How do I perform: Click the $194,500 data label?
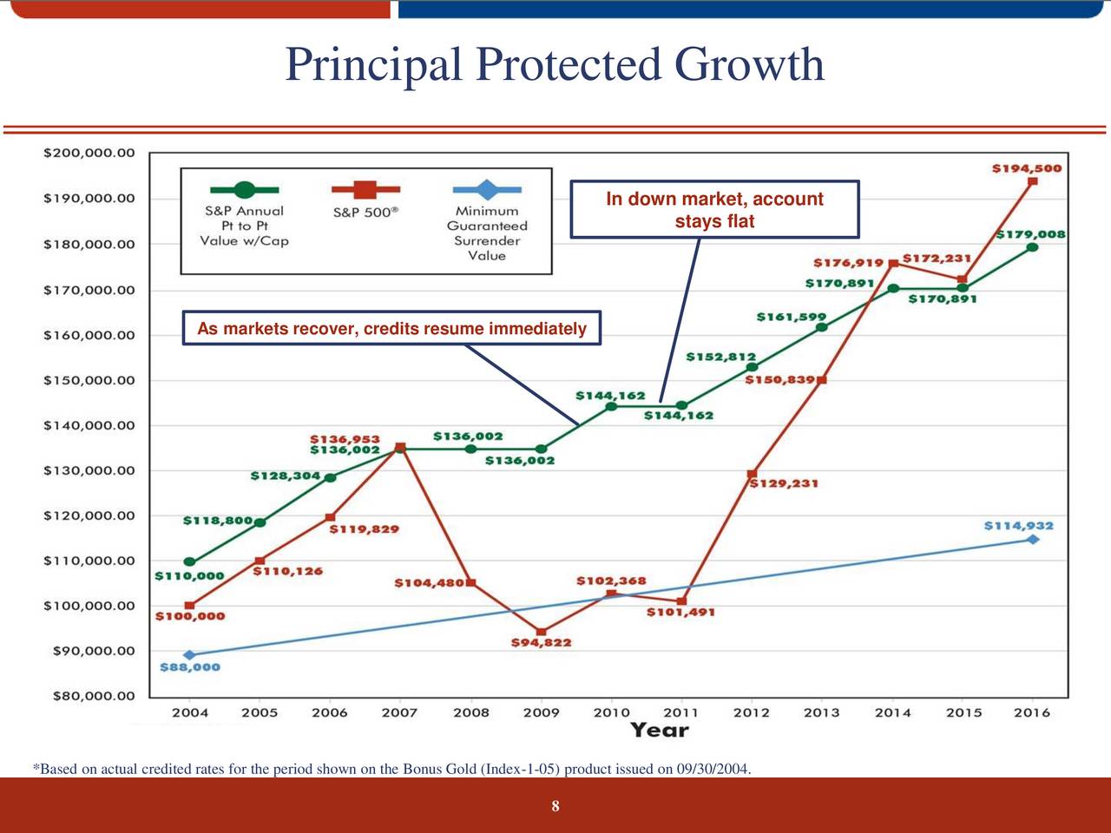click(1026, 168)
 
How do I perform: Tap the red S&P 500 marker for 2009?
click(542, 632)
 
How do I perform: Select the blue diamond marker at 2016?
click(1033, 539)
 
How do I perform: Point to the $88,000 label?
click(190, 667)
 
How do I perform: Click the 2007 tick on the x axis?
click(399, 712)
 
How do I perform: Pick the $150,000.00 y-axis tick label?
click(89, 380)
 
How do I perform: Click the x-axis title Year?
click(660, 730)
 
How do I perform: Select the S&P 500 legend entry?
click(365, 212)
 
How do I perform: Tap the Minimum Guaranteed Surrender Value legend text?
click(487, 233)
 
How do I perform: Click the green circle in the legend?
click(244, 189)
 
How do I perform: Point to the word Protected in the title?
click(568, 64)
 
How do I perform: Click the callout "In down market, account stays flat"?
click(714, 209)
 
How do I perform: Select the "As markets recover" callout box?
click(391, 329)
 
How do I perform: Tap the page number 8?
click(555, 807)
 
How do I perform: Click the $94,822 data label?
click(541, 643)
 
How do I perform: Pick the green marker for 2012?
click(752, 367)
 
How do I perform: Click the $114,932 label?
click(1018, 526)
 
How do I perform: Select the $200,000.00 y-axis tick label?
click(89, 153)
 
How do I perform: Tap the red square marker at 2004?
click(189, 605)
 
